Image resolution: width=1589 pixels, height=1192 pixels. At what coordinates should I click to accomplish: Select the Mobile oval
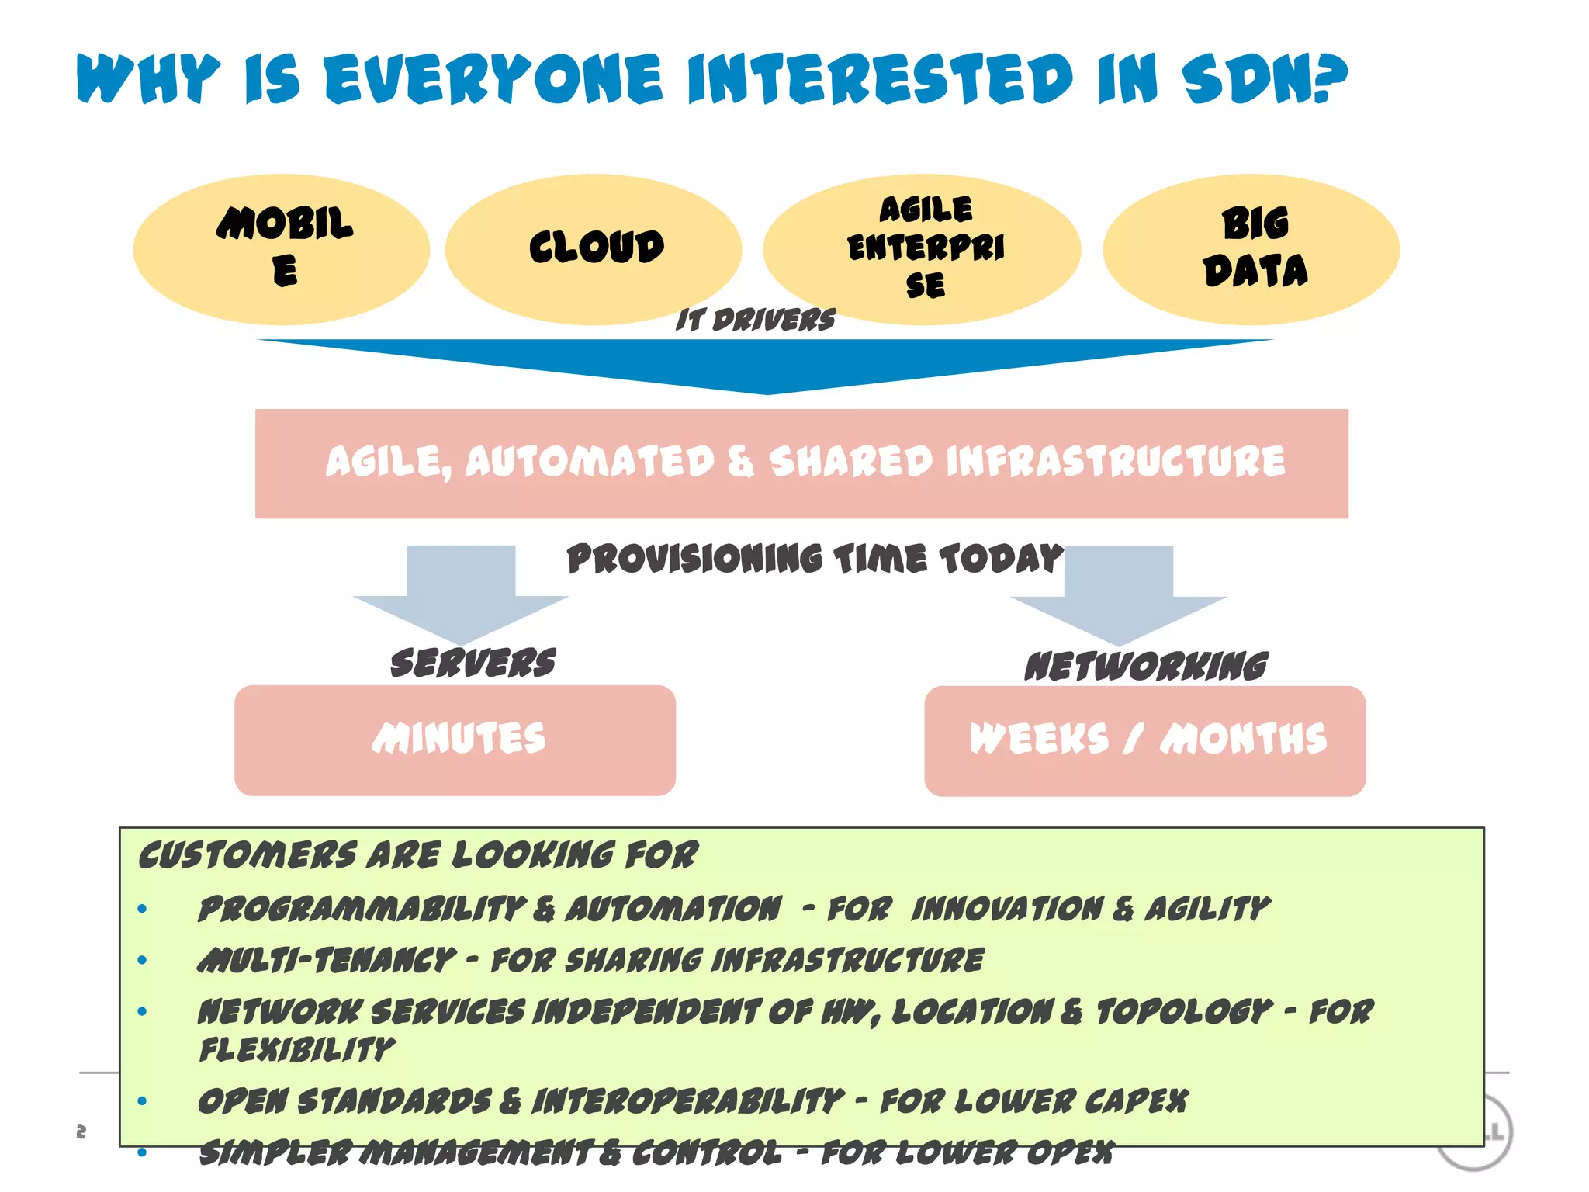pyautogui.click(x=281, y=248)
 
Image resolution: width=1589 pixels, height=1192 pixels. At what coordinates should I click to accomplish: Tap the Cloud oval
pyautogui.click(x=594, y=248)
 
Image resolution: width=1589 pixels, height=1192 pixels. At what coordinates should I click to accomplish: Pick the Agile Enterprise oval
pyautogui.click(x=922, y=248)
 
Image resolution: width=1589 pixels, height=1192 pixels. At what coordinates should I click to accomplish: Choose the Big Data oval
pyautogui.click(x=1251, y=248)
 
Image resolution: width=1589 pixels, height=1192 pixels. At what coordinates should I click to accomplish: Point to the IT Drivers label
pyautogui.click(x=755, y=320)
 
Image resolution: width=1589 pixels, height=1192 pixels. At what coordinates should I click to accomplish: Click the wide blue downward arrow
pyautogui.click(x=765, y=365)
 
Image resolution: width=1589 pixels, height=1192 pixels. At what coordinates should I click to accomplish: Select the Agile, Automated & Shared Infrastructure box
pyautogui.click(x=801, y=463)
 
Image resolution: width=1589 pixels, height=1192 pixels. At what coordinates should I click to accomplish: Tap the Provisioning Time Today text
pyautogui.click(x=815, y=559)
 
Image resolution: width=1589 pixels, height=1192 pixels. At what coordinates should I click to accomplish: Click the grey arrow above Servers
pyautogui.click(x=461, y=594)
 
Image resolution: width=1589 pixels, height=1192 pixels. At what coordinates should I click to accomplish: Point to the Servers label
pyautogui.click(x=473, y=664)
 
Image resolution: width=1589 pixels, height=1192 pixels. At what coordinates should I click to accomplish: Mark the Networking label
pyautogui.click(x=1145, y=667)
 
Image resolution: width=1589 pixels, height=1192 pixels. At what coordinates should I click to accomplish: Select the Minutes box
pyautogui.click(x=455, y=740)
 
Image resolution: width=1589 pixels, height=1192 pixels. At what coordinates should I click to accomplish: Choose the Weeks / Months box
pyautogui.click(x=1144, y=740)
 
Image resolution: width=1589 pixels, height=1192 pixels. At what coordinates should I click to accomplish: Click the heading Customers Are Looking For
pyautogui.click(x=418, y=855)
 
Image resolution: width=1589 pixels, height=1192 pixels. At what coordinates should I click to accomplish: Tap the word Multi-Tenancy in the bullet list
pyautogui.click(x=327, y=961)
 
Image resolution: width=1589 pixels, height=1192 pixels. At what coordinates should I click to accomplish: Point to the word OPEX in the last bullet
pyautogui.click(x=1070, y=1153)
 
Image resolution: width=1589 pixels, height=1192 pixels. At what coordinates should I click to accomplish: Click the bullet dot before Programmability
pyautogui.click(x=142, y=909)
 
